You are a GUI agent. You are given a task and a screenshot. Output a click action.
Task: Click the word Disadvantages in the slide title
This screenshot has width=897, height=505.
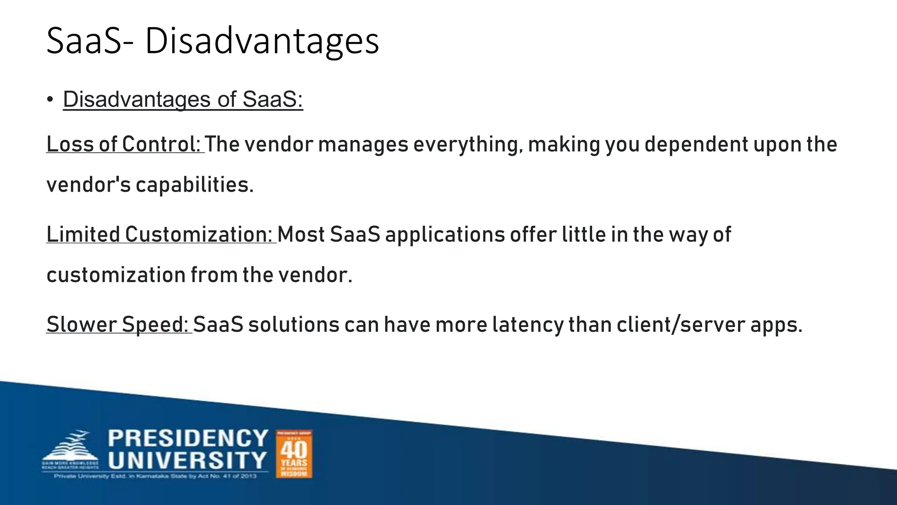(261, 41)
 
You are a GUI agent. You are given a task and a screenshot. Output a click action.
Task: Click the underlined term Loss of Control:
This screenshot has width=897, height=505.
(124, 144)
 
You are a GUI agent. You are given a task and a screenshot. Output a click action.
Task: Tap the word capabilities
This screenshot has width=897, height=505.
(194, 185)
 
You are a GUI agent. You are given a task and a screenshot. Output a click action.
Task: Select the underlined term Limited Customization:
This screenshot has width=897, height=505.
(161, 235)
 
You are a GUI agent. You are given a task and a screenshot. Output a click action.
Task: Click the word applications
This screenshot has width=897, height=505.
(445, 235)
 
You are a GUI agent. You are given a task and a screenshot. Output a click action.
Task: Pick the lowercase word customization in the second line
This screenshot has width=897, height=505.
(116, 275)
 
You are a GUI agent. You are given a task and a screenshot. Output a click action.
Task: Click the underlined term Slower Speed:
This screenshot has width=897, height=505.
(118, 324)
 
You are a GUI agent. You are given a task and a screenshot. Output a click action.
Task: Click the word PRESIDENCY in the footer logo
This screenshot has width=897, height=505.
(188, 438)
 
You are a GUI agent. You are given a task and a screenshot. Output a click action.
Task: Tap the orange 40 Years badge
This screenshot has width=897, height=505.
(294, 454)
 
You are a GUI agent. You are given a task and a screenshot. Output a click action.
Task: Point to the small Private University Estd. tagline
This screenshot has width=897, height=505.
(155, 476)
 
